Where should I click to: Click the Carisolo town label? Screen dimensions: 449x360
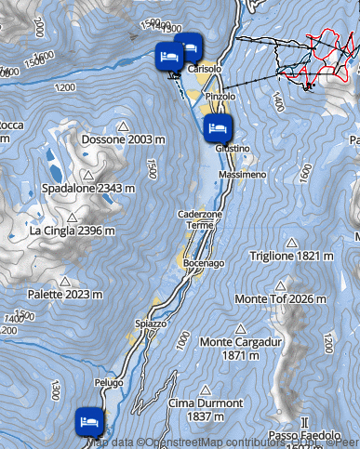[205, 70]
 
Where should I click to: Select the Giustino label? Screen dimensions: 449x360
[231, 148]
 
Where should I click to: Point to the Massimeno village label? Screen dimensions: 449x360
[242, 175]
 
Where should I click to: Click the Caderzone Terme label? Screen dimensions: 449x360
[200, 219]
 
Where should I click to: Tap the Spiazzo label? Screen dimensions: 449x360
[151, 324]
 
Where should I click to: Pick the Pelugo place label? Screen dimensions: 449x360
[109, 382]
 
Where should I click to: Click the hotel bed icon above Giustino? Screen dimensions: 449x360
[217, 127]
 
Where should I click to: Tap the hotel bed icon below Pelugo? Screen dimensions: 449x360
[89, 420]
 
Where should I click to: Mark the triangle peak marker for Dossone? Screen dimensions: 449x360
[123, 125]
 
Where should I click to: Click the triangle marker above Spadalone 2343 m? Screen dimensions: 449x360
[87, 175]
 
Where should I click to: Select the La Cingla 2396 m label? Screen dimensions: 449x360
[73, 231]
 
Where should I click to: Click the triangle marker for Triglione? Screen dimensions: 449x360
[291, 242]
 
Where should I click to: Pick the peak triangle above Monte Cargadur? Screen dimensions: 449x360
[241, 328]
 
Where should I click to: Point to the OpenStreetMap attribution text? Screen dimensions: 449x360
[200, 442]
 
